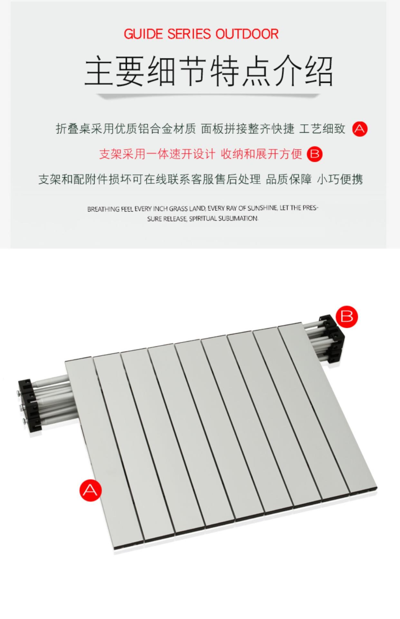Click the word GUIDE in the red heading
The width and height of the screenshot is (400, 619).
click(x=144, y=34)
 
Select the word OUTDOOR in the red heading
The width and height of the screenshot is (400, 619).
click(x=247, y=34)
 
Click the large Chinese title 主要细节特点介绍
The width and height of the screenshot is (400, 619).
click(x=209, y=72)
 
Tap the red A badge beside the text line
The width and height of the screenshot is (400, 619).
click(x=360, y=129)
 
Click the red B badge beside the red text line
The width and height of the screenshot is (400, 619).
click(x=314, y=154)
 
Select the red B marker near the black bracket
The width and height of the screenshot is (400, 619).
click(x=347, y=316)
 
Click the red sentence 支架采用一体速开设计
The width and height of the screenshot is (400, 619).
click(x=157, y=154)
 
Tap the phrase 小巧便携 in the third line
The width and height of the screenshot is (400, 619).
click(x=340, y=179)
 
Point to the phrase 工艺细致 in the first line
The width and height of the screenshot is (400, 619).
click(x=322, y=129)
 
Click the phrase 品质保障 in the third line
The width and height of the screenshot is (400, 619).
click(x=289, y=179)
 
